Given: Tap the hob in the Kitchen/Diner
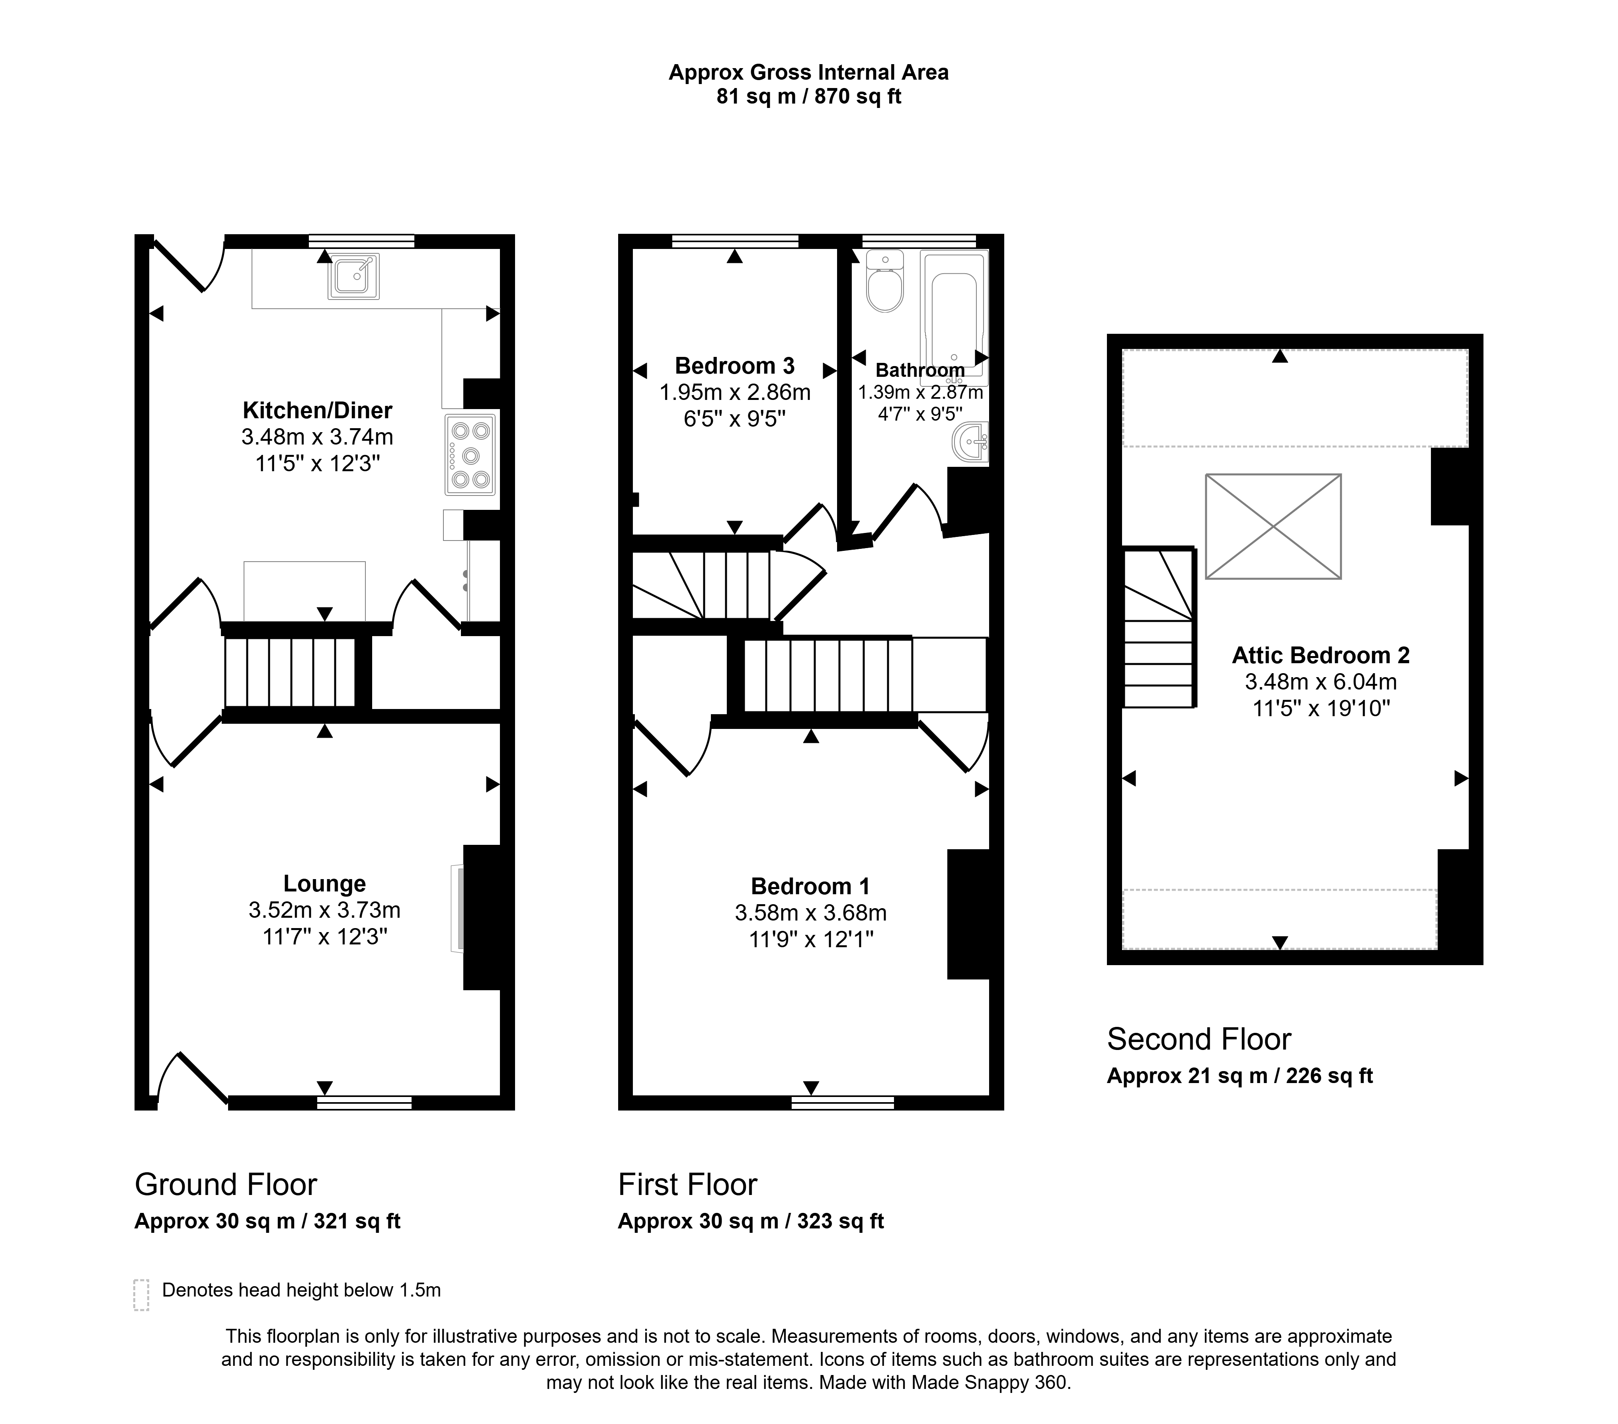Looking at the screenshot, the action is point(470,454).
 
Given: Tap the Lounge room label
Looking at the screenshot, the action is point(324,883).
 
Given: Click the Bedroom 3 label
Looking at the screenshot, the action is point(735,366).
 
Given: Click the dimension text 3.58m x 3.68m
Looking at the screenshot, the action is point(810,913).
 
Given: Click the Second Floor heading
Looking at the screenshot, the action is point(1198,1039).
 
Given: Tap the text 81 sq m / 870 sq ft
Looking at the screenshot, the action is point(809,97).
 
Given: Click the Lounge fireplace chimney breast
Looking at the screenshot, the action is point(482,917).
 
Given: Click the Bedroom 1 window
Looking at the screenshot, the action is point(843,1103).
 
